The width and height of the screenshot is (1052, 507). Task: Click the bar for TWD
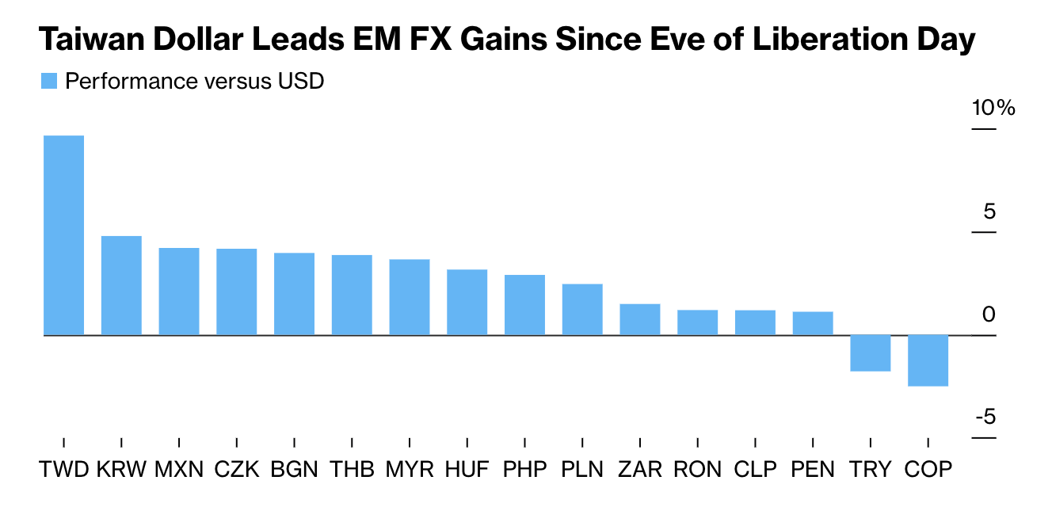click(x=63, y=235)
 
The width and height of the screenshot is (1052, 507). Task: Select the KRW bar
click(x=121, y=285)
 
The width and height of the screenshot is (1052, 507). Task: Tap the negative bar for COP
click(x=928, y=360)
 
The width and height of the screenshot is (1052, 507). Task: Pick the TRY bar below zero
click(x=871, y=353)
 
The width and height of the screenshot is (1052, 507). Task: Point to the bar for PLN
click(x=582, y=310)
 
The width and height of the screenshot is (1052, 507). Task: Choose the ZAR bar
click(x=640, y=319)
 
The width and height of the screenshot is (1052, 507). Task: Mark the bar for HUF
click(x=467, y=303)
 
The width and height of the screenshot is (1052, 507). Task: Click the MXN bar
click(x=179, y=292)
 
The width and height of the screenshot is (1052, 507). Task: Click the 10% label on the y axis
click(x=993, y=109)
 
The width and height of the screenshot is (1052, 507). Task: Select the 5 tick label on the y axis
click(x=988, y=212)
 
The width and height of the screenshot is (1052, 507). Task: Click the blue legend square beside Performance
click(x=49, y=81)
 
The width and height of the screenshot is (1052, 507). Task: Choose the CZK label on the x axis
click(x=237, y=469)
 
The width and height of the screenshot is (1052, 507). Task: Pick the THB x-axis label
click(x=352, y=469)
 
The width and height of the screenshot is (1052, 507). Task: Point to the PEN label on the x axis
click(x=813, y=469)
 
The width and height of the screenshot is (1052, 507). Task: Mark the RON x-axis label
click(x=697, y=469)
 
